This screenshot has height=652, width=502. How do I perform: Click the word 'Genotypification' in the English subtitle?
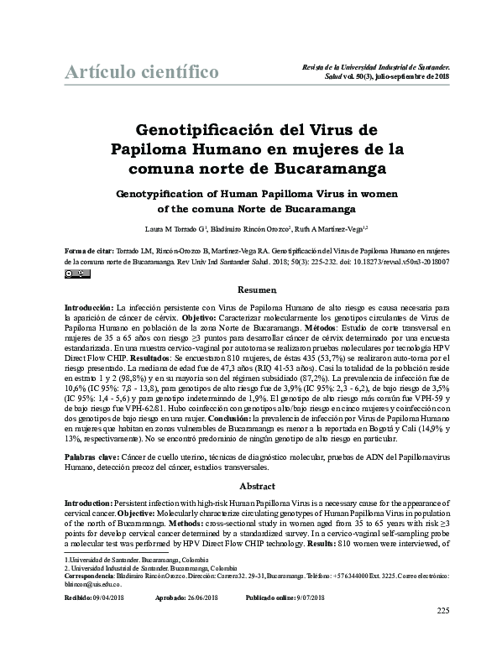[x=168, y=192]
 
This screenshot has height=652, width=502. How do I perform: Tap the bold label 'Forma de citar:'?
[x=90, y=251]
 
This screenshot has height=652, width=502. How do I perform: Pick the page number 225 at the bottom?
[x=444, y=634]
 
